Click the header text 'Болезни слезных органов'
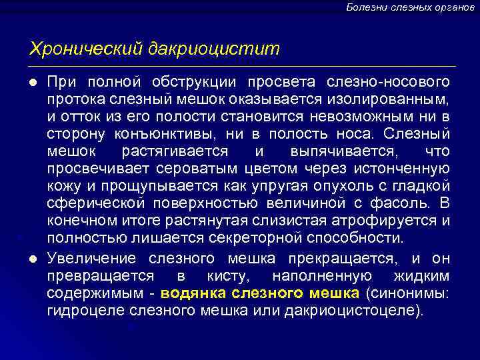tap(410, 7)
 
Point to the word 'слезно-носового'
tap(388, 82)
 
